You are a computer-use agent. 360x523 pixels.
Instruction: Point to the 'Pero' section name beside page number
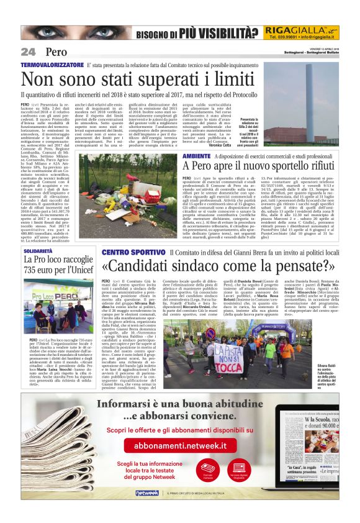(55, 52)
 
